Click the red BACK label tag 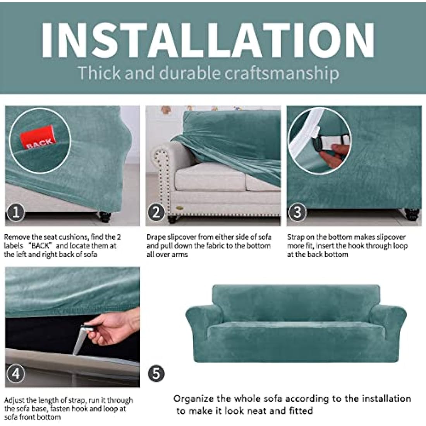pyautogui.click(x=38, y=138)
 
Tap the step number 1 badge pyautogui.click(x=16, y=213)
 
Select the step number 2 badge pyautogui.click(x=156, y=213)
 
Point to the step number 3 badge pyautogui.click(x=297, y=212)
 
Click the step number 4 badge pyautogui.click(x=16, y=374)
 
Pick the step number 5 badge pyautogui.click(x=156, y=374)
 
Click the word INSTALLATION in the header pyautogui.click(x=208, y=40)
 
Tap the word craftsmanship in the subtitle pyautogui.click(x=282, y=74)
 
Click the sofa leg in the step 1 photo pyautogui.click(x=105, y=216)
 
